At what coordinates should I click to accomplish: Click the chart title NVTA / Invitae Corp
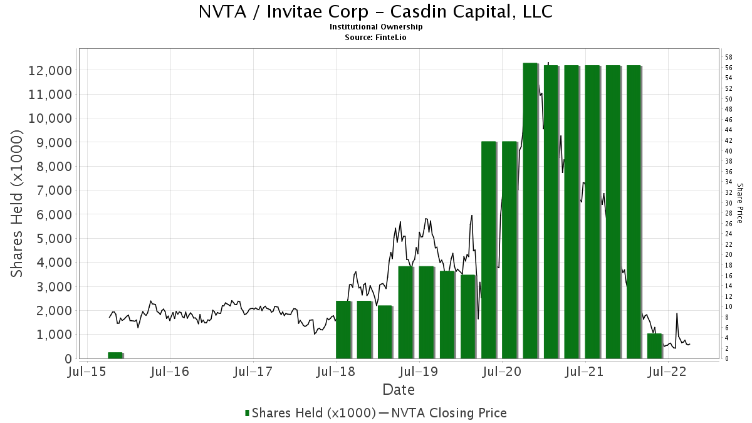(x=375, y=12)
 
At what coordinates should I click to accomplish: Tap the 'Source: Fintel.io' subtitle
(x=376, y=37)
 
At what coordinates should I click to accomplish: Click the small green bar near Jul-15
(x=115, y=355)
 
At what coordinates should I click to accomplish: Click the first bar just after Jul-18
(x=343, y=330)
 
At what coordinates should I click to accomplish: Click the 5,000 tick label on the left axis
(x=49, y=238)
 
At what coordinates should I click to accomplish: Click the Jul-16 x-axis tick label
(x=170, y=372)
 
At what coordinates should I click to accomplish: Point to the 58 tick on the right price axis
(x=729, y=57)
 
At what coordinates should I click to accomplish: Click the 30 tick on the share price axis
(x=729, y=203)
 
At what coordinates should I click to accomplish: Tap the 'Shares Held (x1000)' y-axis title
(x=17, y=204)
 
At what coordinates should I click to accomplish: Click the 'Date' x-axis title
(x=399, y=390)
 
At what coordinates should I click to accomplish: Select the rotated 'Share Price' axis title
(x=740, y=204)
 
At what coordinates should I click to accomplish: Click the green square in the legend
(x=247, y=413)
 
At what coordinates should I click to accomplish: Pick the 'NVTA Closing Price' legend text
(x=447, y=413)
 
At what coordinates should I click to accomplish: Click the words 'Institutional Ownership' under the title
(x=376, y=27)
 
